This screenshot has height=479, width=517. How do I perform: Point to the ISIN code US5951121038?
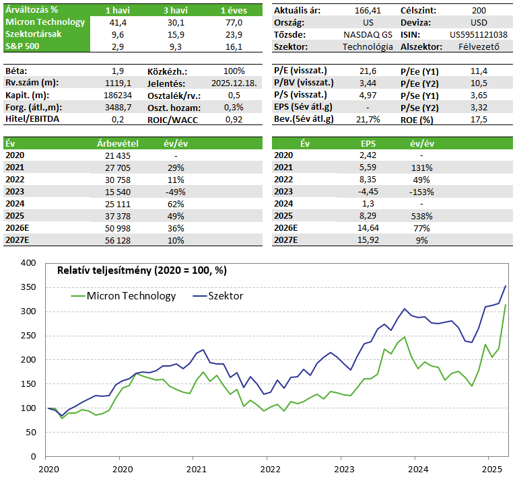click(x=478, y=34)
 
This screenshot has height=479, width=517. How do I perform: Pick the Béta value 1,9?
click(x=118, y=71)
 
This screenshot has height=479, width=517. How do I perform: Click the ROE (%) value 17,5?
click(x=479, y=119)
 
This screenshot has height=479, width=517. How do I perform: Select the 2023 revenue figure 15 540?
click(x=118, y=192)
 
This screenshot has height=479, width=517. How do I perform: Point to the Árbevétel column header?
click(x=118, y=143)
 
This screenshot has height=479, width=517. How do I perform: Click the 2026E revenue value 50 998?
click(x=118, y=228)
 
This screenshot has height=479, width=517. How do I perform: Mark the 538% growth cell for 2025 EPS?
click(x=422, y=216)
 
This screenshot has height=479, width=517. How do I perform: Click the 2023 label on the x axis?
click(x=343, y=469)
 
